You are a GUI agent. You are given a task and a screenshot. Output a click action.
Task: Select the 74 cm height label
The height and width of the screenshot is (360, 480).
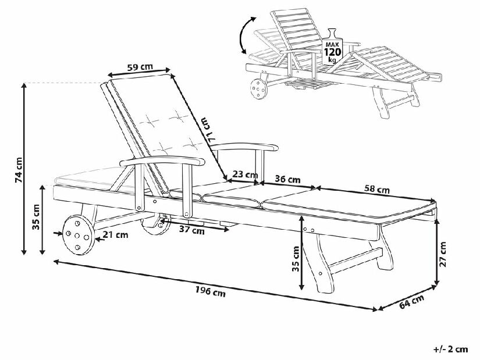(x=20, y=170)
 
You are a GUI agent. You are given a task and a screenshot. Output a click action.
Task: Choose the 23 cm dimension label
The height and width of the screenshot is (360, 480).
(x=245, y=173)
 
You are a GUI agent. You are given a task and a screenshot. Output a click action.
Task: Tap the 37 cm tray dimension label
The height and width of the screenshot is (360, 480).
(x=191, y=230)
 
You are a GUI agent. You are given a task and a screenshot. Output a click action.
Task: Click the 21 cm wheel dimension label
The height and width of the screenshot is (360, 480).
(x=115, y=235)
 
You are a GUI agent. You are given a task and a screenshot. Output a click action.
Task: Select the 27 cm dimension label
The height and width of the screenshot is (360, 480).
(x=443, y=254)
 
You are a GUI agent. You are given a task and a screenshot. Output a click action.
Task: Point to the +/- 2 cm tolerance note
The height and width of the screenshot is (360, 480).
(x=450, y=349)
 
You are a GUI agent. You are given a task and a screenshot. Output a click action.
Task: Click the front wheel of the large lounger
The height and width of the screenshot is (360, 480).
(x=77, y=235)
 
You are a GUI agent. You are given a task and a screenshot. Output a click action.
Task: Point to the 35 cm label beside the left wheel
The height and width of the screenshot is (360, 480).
(x=36, y=218)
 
